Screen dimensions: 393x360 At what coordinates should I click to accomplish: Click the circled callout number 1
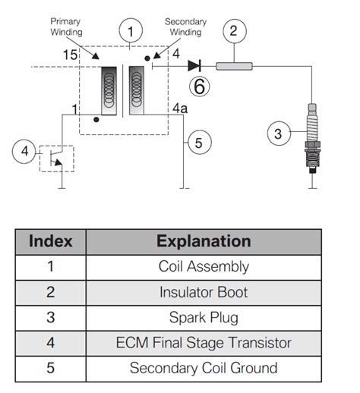pyautogui.click(x=131, y=31)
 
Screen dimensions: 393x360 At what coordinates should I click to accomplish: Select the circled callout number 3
pyautogui.click(x=278, y=134)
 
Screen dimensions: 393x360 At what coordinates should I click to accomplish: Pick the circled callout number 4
pyautogui.click(x=24, y=151)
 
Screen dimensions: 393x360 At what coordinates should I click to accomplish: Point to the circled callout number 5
pyautogui.click(x=197, y=142)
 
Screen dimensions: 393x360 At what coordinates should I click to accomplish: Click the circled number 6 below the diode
pyautogui.click(x=198, y=86)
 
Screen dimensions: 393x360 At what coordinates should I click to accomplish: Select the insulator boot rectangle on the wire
pyautogui.click(x=235, y=66)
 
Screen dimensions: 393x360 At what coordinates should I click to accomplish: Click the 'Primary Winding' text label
pyautogui.click(x=66, y=27)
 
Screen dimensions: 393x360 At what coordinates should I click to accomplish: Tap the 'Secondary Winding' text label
pyautogui.click(x=186, y=27)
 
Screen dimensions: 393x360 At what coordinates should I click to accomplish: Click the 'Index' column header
pyautogui.click(x=50, y=241)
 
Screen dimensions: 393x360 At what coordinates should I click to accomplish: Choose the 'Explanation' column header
pyautogui.click(x=203, y=241)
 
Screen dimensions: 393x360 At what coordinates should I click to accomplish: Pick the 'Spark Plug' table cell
pyautogui.click(x=203, y=317)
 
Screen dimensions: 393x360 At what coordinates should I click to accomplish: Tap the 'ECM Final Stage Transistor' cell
pyautogui.click(x=203, y=342)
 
